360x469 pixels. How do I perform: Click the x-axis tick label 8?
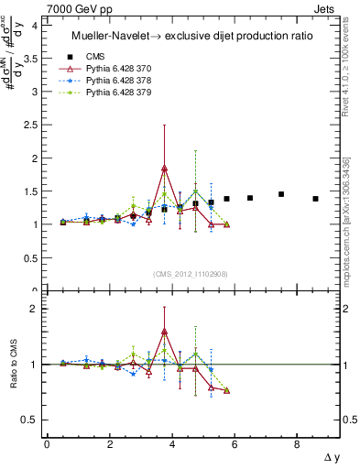(297, 444)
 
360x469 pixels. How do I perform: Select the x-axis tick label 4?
(171, 444)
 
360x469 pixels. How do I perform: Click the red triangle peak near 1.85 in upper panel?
(164, 168)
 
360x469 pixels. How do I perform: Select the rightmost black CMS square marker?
(315, 199)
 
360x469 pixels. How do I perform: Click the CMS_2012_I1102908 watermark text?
(191, 275)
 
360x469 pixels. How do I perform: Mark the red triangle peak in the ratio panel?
(164, 332)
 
